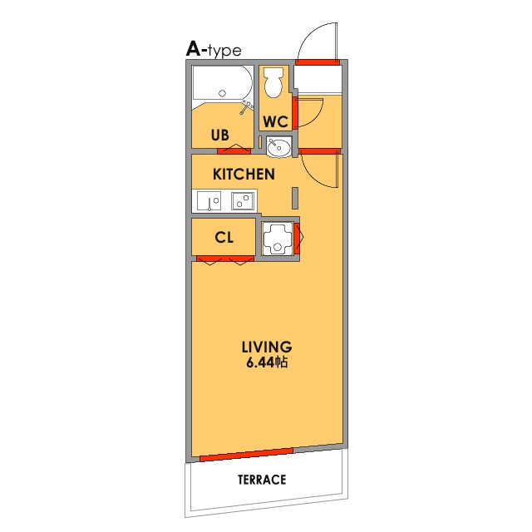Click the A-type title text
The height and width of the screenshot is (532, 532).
click(x=214, y=50)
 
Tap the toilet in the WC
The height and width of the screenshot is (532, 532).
click(x=273, y=82)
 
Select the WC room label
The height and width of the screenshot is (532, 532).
click(x=275, y=121)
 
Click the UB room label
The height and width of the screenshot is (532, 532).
click(x=219, y=135)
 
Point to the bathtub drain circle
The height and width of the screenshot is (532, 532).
click(x=222, y=93)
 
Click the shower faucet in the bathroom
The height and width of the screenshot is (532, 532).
click(x=247, y=107)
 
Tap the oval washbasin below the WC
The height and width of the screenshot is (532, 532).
click(x=278, y=147)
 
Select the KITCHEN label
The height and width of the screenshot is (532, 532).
click(x=244, y=175)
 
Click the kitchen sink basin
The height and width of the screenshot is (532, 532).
click(x=209, y=201)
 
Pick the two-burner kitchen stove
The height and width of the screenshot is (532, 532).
click(x=243, y=201)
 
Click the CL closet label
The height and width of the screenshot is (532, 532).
click(x=224, y=238)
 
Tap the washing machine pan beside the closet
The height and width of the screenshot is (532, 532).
click(x=278, y=239)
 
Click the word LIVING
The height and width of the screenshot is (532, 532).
click(x=267, y=347)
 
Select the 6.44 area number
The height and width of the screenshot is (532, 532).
click(x=260, y=362)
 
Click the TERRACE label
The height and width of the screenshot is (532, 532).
click(x=262, y=480)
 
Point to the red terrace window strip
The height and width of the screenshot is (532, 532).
click(x=246, y=455)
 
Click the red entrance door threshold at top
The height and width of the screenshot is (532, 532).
click(x=318, y=62)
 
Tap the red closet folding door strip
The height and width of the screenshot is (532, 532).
click(x=225, y=259)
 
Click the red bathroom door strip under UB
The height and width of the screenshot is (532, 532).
click(x=234, y=151)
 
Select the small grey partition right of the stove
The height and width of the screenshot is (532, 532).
click(x=295, y=198)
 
